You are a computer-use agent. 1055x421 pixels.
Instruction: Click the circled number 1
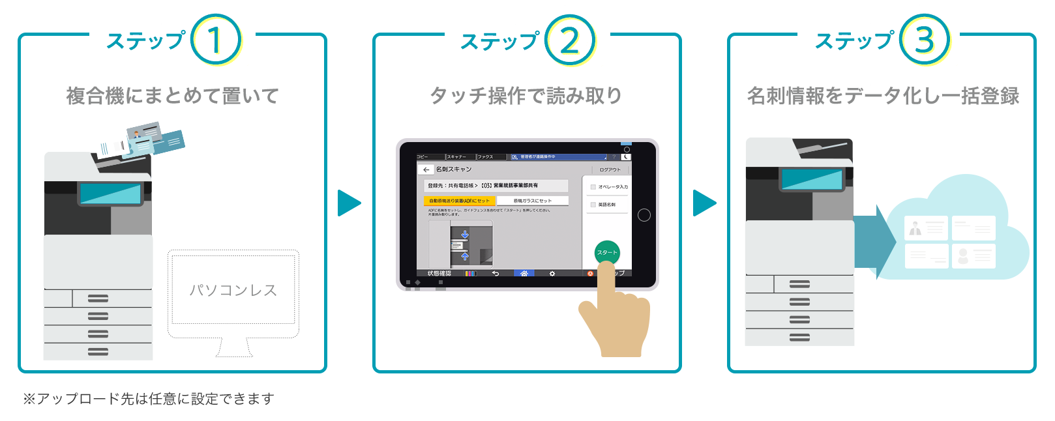tap(216, 40)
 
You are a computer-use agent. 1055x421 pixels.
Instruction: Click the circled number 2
tap(570, 40)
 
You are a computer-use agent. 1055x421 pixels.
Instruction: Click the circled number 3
tap(925, 40)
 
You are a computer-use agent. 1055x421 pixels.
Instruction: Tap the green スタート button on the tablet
tap(607, 252)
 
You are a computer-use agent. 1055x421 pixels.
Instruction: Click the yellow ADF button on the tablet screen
tap(459, 201)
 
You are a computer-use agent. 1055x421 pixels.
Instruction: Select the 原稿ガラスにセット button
tap(532, 201)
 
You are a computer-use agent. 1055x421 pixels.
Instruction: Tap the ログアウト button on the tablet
tap(610, 169)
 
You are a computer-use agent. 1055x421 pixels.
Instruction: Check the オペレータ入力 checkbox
tap(593, 187)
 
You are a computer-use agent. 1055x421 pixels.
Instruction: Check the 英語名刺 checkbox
tap(593, 205)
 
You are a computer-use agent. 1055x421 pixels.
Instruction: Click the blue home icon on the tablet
tap(524, 274)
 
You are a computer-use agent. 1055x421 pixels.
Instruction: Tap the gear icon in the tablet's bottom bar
tap(552, 274)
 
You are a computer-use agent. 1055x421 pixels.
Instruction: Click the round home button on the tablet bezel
tap(644, 215)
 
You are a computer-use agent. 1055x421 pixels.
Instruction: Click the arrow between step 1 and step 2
tap(349, 203)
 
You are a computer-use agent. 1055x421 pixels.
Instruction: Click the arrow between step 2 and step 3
tap(704, 203)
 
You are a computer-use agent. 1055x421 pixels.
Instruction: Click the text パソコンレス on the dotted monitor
tap(233, 290)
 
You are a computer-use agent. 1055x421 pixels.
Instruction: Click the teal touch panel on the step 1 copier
tap(110, 194)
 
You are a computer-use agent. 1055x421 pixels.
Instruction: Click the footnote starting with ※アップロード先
tap(149, 399)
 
